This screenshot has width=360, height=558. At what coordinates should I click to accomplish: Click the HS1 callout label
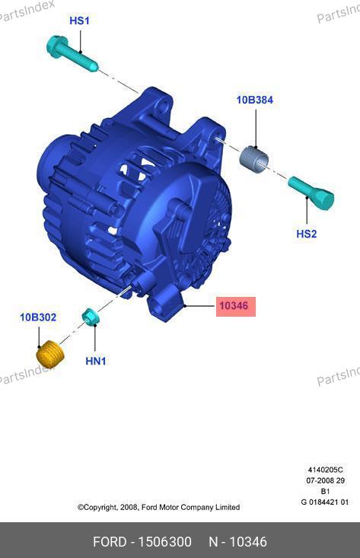79,21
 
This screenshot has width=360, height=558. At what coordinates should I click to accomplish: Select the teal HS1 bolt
72,54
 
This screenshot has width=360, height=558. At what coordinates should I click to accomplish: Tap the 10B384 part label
255,100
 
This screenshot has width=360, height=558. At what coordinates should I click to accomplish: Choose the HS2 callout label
306,234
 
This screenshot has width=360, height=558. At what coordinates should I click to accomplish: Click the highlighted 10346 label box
236,306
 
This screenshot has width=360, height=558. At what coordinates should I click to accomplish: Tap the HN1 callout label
96,361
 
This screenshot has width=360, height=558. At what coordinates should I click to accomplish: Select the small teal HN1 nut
91,317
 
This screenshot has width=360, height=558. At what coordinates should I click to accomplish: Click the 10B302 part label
38,317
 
